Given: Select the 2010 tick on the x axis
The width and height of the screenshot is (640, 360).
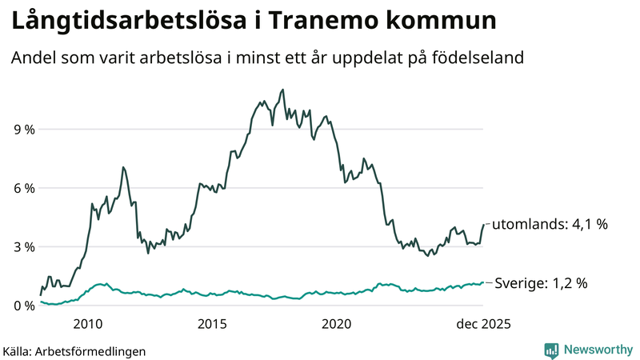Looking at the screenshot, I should tap(88, 324).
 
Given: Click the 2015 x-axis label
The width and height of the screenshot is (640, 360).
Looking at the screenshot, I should tap(212, 324).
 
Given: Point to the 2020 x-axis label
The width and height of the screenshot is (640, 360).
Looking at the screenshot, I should tap(336, 324).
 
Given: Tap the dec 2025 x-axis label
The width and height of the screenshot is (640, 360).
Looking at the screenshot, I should tap(482, 324).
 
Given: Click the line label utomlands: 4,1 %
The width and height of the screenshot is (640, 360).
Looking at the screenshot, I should tap(549, 224).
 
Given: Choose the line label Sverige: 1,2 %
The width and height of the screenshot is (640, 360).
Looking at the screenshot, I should tap(542, 282).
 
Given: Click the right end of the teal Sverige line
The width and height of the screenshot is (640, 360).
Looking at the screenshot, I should tap(483, 282).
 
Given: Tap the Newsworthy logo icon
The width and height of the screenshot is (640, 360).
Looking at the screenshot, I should tap(551, 350).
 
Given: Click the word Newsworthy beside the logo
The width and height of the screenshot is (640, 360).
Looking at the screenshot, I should tap(598, 350).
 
